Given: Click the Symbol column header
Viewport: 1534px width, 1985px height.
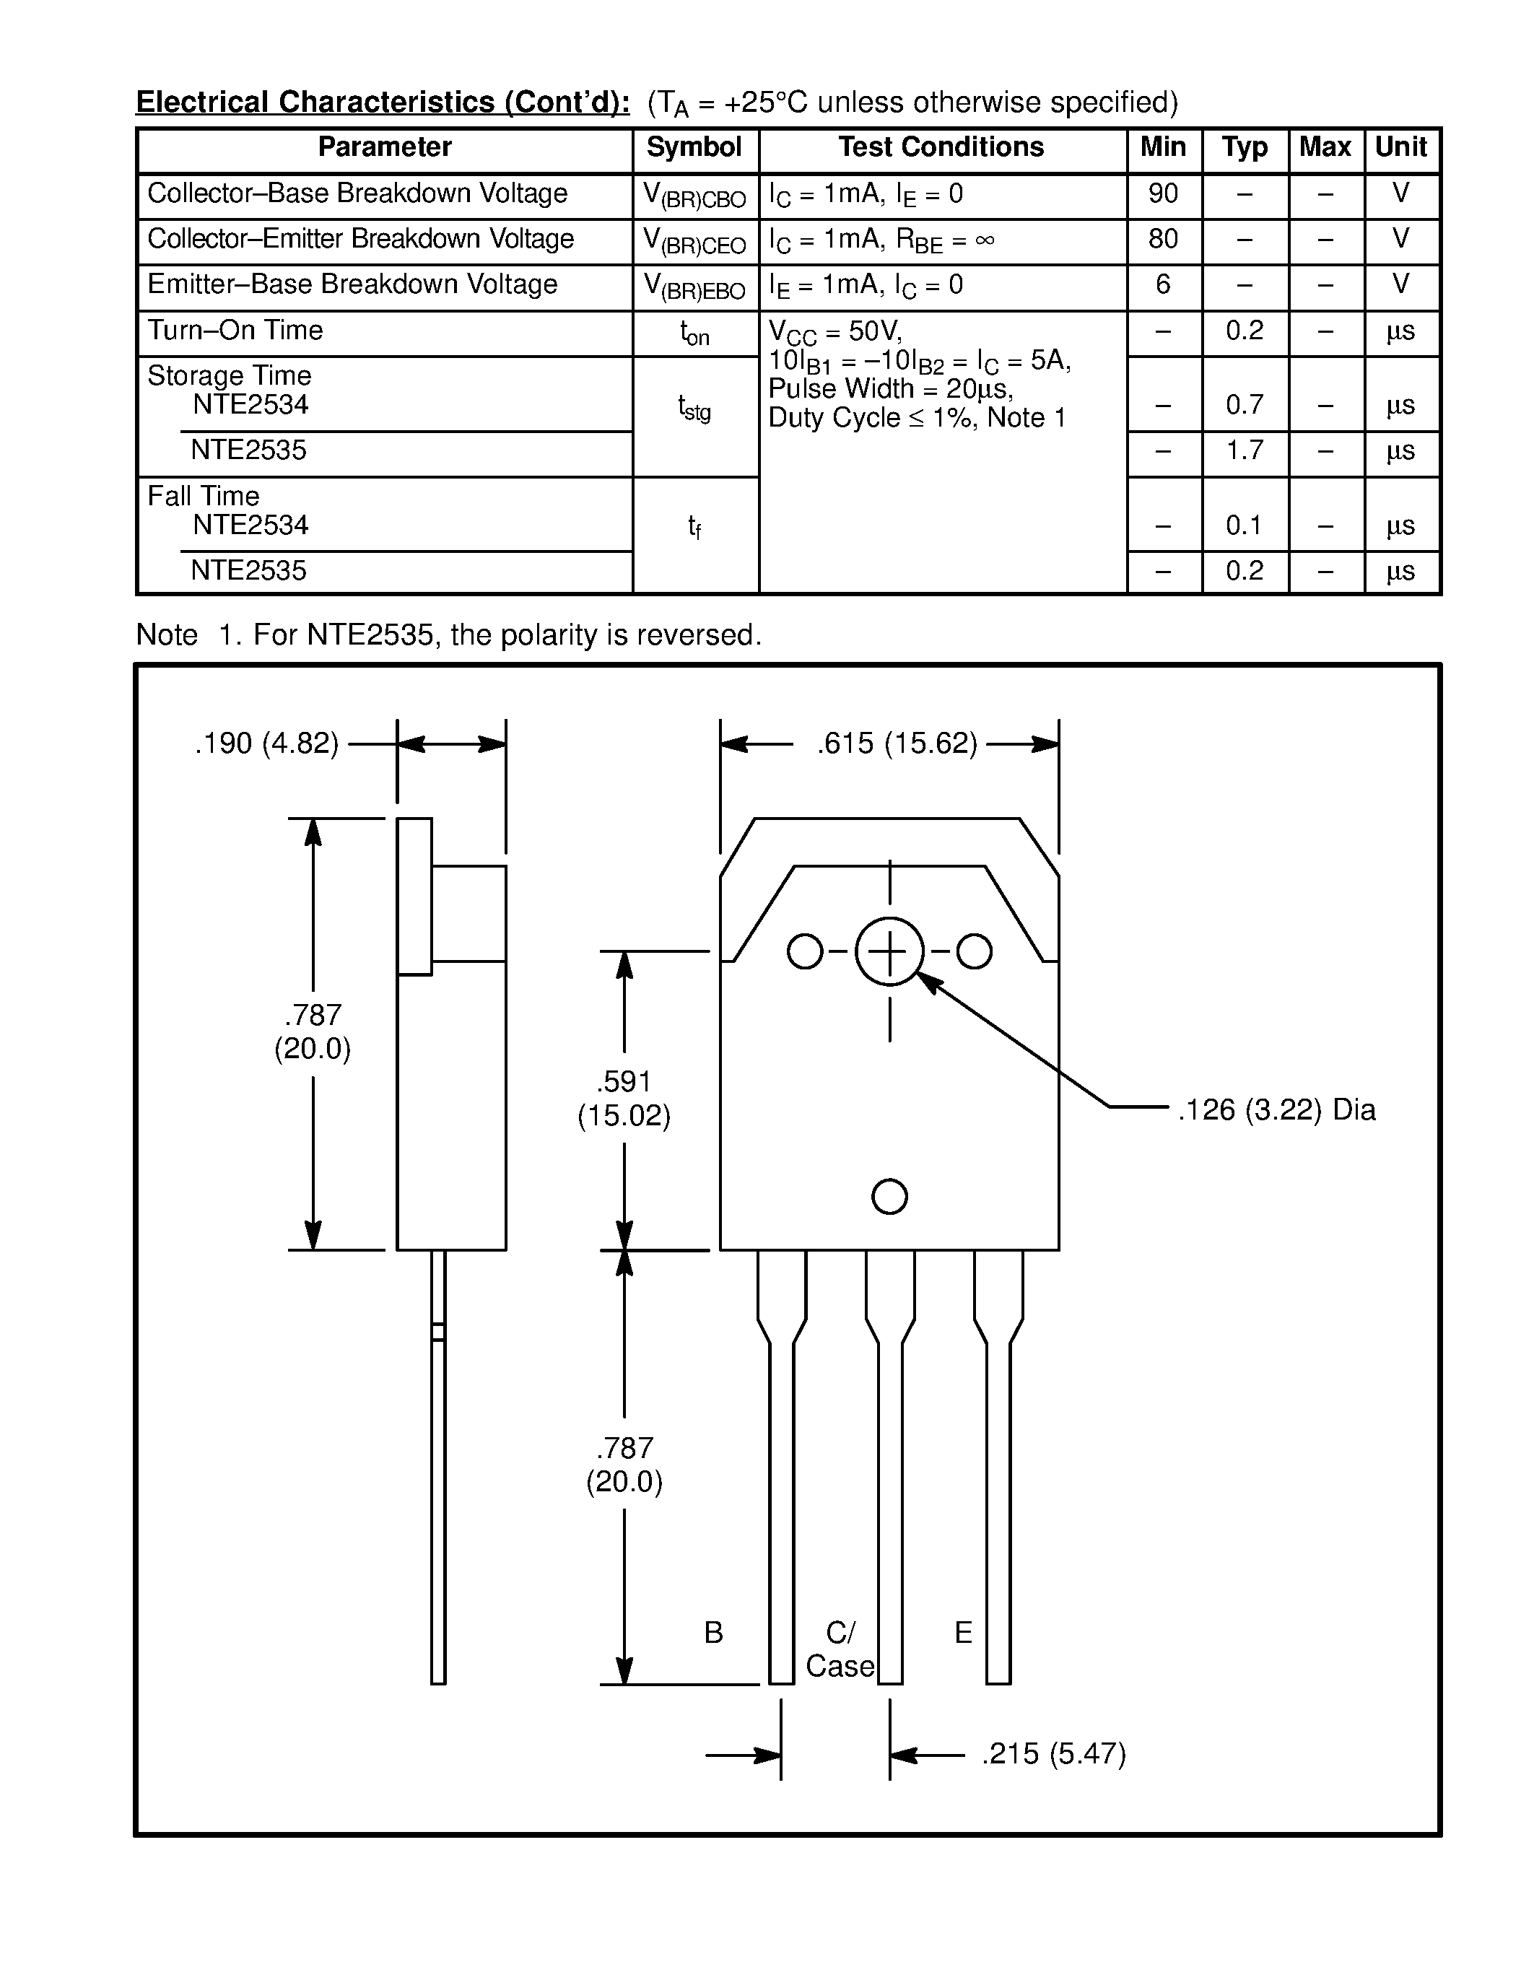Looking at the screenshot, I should (694, 147).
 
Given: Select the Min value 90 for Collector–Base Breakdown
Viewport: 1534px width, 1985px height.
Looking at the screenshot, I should (1162, 193).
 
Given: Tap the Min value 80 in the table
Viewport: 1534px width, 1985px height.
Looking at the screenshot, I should (1162, 239).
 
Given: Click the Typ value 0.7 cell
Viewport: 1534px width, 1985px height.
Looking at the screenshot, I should (1244, 404).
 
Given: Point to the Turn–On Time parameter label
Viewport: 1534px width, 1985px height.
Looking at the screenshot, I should (235, 330).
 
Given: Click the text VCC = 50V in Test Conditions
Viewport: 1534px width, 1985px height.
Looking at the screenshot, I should (834, 331).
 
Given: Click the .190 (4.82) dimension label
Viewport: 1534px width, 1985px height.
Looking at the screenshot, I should (266, 743).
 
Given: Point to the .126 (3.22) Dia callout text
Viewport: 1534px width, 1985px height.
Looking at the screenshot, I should (1276, 1109).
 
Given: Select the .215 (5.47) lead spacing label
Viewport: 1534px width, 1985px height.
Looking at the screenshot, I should (1053, 1753).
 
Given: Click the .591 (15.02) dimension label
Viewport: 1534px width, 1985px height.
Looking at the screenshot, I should (624, 1098).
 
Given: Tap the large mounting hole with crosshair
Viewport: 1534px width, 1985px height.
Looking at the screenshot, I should (889, 951).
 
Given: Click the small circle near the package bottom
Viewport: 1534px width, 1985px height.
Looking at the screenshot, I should (889, 1196).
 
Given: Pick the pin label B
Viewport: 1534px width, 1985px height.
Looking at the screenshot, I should (713, 1632).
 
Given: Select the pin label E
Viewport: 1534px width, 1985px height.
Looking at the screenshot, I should (963, 1632).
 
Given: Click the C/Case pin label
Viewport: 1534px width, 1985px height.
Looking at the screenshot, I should (840, 1649).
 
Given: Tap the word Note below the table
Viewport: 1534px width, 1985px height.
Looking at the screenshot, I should (166, 634).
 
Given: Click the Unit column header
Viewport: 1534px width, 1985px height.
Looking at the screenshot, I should (1400, 147).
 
